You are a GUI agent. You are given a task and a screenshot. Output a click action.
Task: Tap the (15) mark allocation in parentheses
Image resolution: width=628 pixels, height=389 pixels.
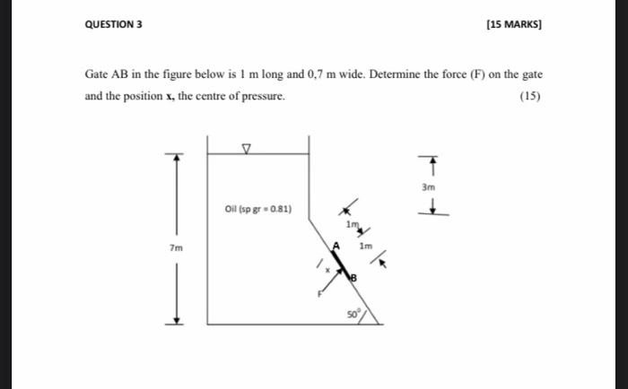(x=531, y=96)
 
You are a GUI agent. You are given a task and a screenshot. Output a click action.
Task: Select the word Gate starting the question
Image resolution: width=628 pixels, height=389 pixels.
(x=97, y=74)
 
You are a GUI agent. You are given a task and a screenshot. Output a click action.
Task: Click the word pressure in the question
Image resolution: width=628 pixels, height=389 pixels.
(x=263, y=96)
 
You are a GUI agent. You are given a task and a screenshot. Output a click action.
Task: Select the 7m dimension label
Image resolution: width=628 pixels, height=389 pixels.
(x=177, y=246)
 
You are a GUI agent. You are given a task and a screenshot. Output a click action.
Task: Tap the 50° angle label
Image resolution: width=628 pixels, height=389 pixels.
(x=353, y=316)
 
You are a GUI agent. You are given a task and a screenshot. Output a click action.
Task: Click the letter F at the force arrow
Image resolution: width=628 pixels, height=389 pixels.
(x=319, y=292)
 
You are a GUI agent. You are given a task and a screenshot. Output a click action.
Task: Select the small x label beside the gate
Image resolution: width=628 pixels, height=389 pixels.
(x=328, y=269)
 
